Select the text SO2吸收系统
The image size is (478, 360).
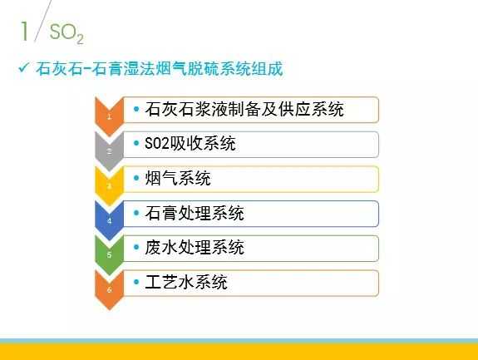[x=190, y=144]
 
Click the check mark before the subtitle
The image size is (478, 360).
[x=23, y=68]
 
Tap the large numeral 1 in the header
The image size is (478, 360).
[x=25, y=31]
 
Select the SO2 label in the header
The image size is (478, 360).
[x=67, y=33]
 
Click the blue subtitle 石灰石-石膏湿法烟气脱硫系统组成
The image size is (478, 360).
[x=160, y=69]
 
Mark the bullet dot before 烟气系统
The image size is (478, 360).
[x=137, y=179]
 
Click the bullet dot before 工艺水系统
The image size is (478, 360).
[x=137, y=283]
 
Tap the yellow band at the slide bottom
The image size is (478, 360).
[x=239, y=352]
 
